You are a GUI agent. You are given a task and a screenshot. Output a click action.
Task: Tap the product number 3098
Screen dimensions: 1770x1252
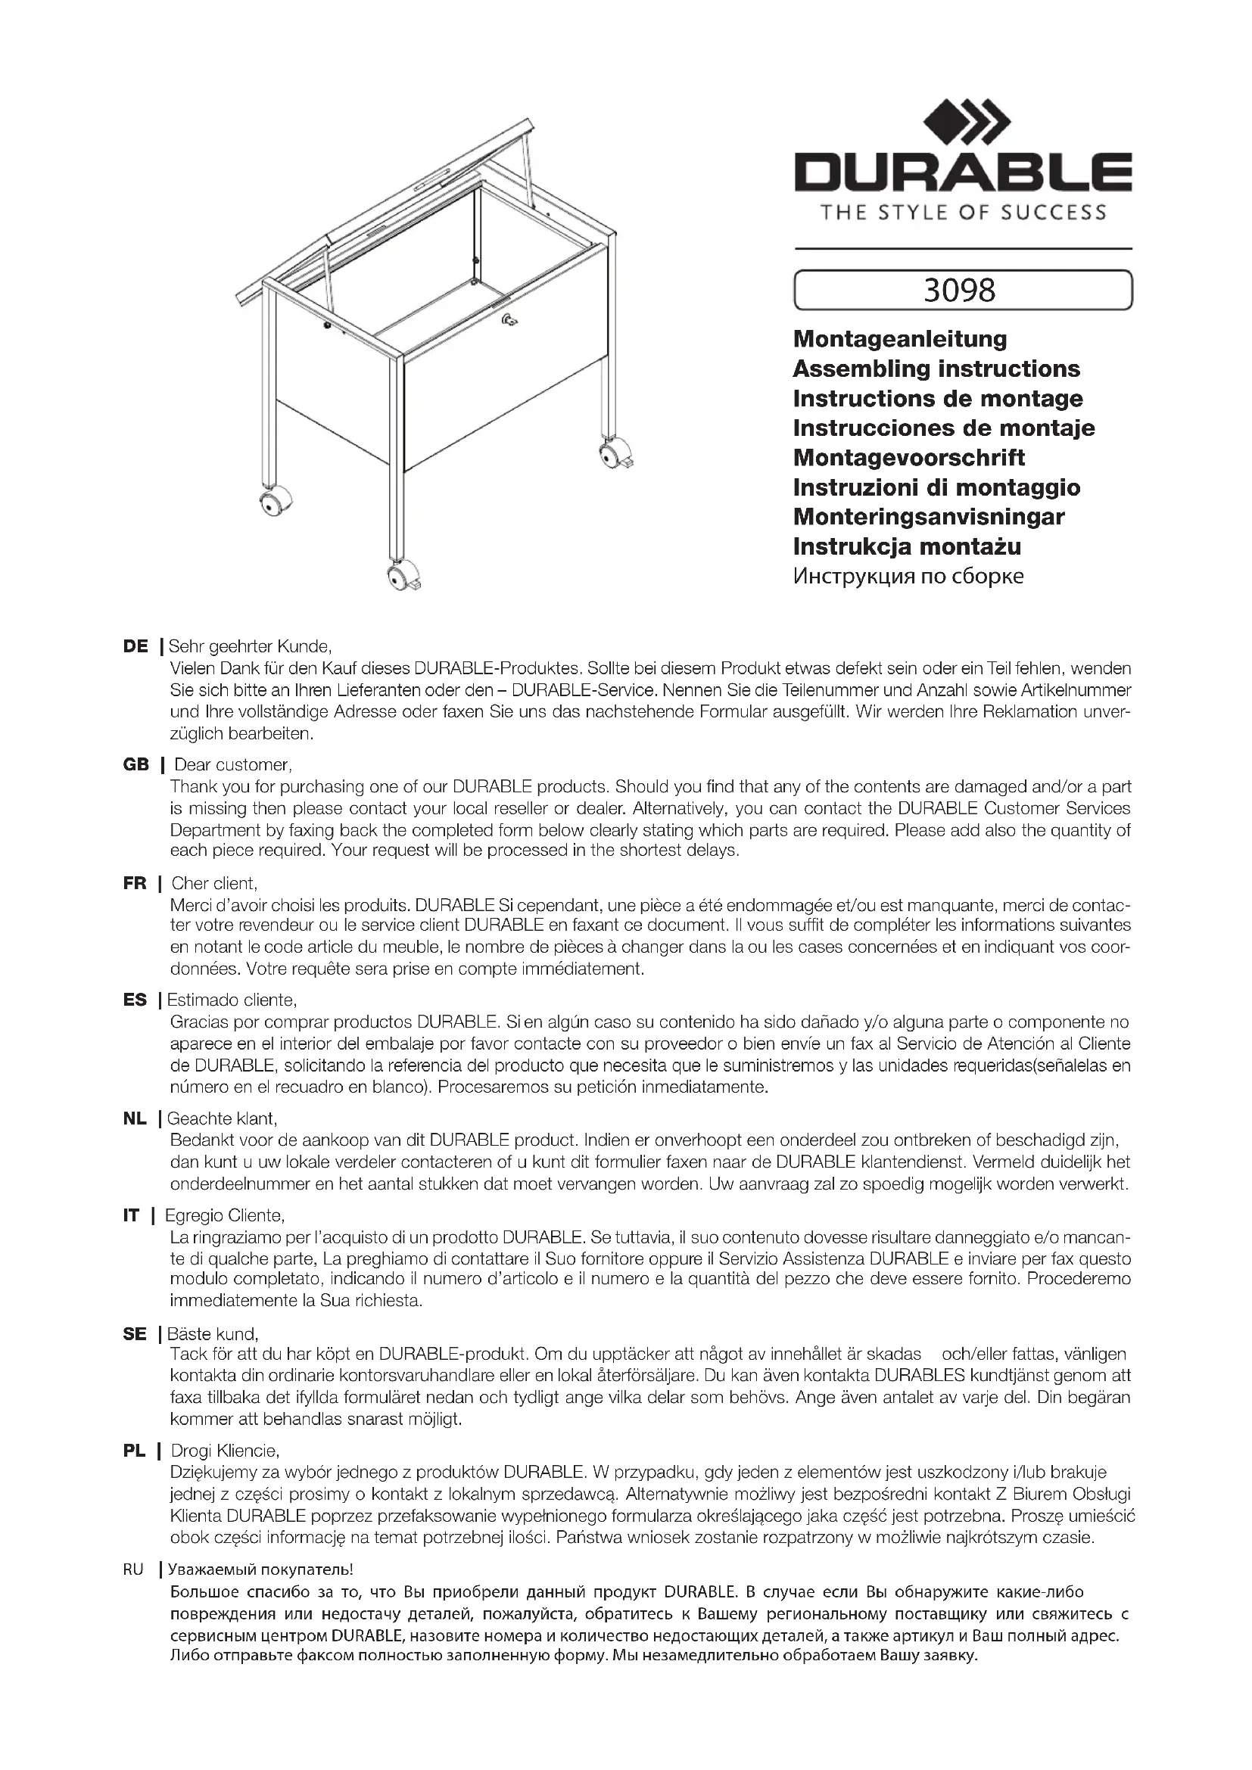960,290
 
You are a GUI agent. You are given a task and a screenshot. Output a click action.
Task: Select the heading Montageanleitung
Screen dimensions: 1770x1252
900,339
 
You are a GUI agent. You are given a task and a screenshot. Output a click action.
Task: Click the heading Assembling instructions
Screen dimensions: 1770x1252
936,369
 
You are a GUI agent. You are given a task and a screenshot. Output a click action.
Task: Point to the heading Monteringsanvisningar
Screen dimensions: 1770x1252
928,517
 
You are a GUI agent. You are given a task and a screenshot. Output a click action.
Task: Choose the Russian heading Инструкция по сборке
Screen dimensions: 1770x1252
908,577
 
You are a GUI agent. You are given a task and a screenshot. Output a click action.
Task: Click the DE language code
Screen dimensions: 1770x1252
135,647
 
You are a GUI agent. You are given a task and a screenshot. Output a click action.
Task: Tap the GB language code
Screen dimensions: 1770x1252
135,765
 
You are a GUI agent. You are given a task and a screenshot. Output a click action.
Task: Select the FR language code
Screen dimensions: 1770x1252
135,883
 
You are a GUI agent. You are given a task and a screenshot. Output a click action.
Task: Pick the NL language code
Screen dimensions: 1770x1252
135,1118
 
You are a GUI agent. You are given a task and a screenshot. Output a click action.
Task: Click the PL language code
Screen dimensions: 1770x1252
134,1451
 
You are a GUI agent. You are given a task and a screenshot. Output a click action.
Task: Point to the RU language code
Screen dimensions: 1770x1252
133,1569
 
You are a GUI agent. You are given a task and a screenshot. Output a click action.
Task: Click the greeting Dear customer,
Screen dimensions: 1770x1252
233,765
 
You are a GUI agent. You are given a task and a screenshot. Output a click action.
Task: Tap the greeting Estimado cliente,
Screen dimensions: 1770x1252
232,1000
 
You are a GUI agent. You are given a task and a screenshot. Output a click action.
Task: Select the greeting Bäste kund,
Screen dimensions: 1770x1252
213,1333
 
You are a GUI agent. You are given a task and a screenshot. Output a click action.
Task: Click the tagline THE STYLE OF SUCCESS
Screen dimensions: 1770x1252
962,213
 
